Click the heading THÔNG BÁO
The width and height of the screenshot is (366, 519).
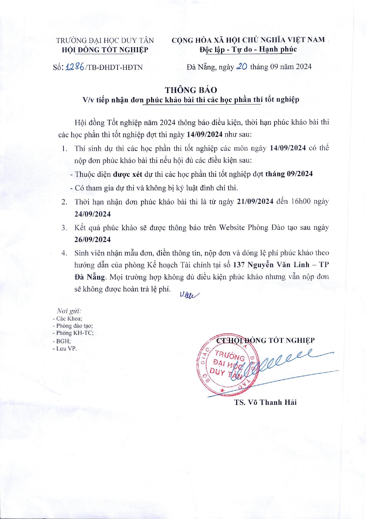click(x=191, y=90)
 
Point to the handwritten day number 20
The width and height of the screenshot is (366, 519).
click(x=241, y=67)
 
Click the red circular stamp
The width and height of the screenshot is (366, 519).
click(x=228, y=367)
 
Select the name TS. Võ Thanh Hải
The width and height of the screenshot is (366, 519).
click(x=265, y=402)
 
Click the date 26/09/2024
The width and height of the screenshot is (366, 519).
click(x=92, y=240)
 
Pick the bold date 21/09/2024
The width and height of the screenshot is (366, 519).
click(x=255, y=202)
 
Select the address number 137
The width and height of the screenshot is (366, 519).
click(x=239, y=265)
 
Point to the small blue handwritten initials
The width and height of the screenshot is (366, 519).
click(x=189, y=295)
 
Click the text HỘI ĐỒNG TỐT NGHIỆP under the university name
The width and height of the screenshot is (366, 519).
click(x=105, y=50)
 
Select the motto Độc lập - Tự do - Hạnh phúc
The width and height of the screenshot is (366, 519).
click(x=248, y=49)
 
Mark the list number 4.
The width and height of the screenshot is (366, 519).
click(x=64, y=253)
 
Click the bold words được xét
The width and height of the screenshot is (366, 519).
click(x=128, y=174)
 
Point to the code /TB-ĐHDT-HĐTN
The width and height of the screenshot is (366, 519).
click(x=114, y=67)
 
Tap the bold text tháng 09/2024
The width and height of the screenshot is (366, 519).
click(x=289, y=174)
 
